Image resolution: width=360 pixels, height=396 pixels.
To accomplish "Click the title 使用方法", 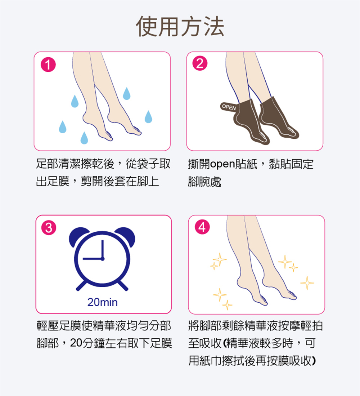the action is click(x=180, y=26).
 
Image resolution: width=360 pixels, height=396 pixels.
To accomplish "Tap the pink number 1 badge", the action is click(x=48, y=64).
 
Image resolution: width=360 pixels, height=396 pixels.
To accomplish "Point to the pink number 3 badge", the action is click(x=49, y=228).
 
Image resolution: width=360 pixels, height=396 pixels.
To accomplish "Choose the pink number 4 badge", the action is click(x=202, y=227).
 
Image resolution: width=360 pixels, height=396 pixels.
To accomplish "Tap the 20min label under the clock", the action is click(x=103, y=302).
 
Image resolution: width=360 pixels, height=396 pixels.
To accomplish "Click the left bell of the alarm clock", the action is click(x=78, y=235).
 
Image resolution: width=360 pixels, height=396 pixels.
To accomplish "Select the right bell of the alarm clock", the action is click(x=126, y=235).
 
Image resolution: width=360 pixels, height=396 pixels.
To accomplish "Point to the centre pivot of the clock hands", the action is click(x=103, y=259).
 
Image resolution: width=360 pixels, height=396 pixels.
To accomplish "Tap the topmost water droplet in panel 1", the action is click(x=127, y=93).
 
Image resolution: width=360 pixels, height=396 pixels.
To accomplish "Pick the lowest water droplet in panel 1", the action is click(x=84, y=138).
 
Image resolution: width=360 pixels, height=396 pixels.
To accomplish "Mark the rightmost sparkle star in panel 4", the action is click(x=307, y=283).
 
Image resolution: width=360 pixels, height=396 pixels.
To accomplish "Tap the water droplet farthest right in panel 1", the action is click(x=148, y=117).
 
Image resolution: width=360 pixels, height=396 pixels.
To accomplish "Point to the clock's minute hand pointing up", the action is click(x=103, y=249).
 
